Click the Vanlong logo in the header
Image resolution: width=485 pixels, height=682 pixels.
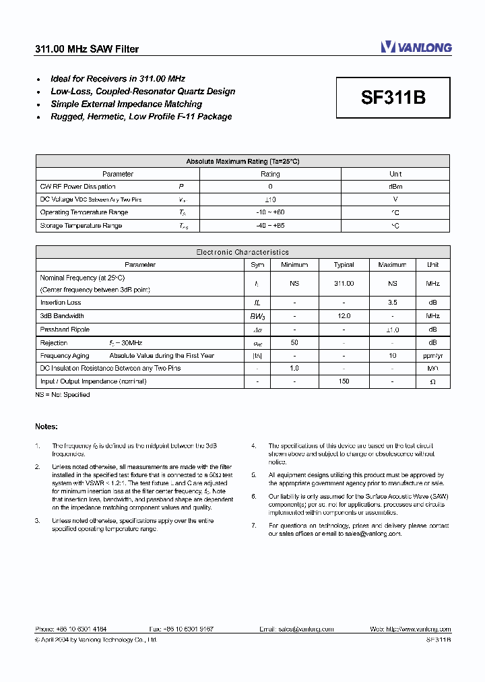click(416, 47)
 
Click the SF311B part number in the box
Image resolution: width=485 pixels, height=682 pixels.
click(393, 98)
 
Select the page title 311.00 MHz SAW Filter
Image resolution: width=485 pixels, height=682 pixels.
click(87, 49)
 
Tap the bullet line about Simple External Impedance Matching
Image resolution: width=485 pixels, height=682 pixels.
click(126, 104)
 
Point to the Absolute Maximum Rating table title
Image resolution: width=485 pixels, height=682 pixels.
click(243, 161)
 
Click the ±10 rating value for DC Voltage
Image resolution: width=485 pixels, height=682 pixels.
click(270, 199)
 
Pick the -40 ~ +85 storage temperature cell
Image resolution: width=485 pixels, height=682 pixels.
click(270, 226)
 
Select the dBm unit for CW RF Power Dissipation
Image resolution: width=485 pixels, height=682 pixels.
click(395, 187)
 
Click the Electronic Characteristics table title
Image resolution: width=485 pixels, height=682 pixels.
click(243, 252)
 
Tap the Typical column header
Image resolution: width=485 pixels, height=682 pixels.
click(344, 265)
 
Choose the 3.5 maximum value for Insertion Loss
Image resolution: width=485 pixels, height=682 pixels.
click(392, 303)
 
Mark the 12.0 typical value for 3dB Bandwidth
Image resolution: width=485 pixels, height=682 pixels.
click(344, 315)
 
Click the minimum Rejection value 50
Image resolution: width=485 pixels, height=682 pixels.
click(294, 342)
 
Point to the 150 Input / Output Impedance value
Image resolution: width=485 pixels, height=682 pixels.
click(344, 381)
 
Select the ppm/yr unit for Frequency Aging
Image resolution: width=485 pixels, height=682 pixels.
click(432, 355)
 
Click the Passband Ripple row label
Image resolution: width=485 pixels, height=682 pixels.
click(65, 330)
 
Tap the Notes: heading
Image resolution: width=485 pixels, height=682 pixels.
click(46, 427)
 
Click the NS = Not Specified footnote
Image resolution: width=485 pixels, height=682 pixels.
click(63, 394)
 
